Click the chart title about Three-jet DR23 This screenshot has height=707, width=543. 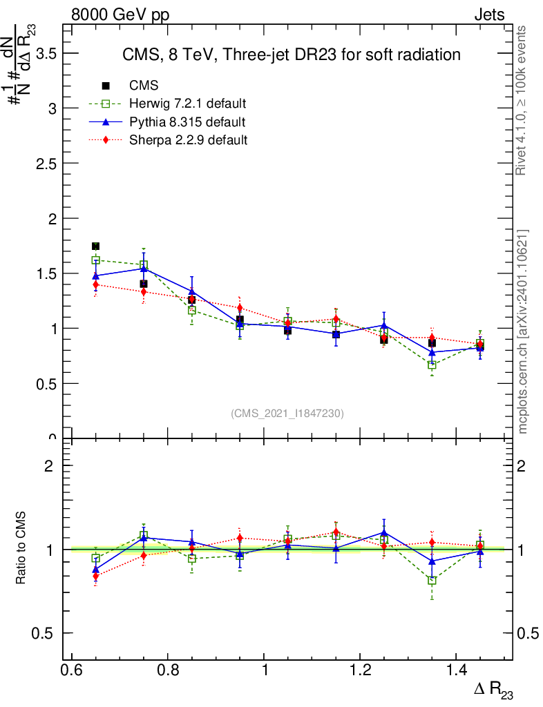pos(291,55)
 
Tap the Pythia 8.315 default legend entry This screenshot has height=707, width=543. pos(187,122)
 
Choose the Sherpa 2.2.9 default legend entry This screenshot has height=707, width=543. pos(189,140)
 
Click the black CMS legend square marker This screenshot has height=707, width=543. pos(106,86)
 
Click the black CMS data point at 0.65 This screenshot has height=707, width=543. pos(95,246)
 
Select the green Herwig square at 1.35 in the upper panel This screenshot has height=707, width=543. pos(432,365)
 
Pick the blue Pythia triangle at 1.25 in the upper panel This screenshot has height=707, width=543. pos(384,325)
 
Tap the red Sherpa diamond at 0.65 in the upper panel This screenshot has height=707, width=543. pos(95,284)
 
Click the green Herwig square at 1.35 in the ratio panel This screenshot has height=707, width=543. pos(432,581)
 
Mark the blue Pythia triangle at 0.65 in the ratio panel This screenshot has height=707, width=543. pos(95,570)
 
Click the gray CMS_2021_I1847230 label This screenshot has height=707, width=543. pos(287,413)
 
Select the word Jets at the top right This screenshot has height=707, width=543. pos(488,14)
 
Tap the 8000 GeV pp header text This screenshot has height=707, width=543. pos(120,14)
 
